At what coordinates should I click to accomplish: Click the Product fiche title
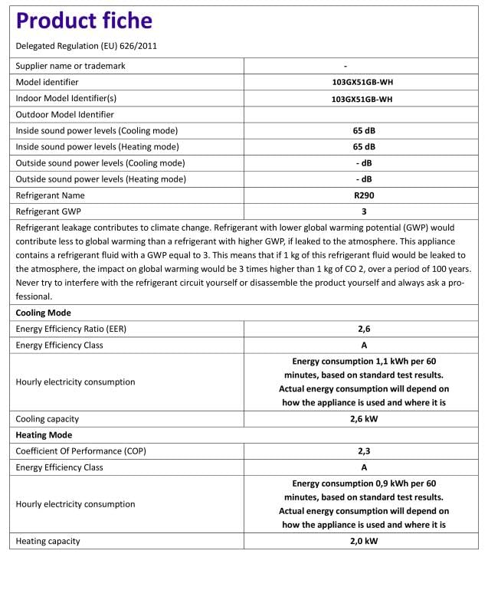tap(84, 21)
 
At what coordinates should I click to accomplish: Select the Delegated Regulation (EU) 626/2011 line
tap(87, 46)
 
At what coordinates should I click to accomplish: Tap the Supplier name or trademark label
tap(70, 66)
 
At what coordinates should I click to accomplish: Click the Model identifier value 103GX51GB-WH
tap(363, 83)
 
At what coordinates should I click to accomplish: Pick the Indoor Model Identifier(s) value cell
tap(363, 99)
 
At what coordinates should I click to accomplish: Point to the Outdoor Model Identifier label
tap(65, 115)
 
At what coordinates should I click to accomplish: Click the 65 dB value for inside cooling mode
tap(363, 131)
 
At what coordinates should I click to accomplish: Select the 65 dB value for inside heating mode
tap(363, 147)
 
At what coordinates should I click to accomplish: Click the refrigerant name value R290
tap(363, 195)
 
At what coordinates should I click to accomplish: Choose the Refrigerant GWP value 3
tap(363, 211)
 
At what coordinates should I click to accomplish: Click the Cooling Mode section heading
tap(44, 313)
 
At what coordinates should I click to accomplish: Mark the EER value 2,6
tap(363, 329)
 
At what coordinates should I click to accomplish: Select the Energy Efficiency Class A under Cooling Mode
tap(363, 345)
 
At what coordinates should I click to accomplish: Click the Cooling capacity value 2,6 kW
tap(363, 419)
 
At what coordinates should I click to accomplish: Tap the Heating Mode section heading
tap(44, 435)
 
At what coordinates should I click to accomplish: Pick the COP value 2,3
tap(363, 451)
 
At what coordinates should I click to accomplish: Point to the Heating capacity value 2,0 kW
tap(363, 542)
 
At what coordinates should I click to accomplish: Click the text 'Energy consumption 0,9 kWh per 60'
tap(363, 483)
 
